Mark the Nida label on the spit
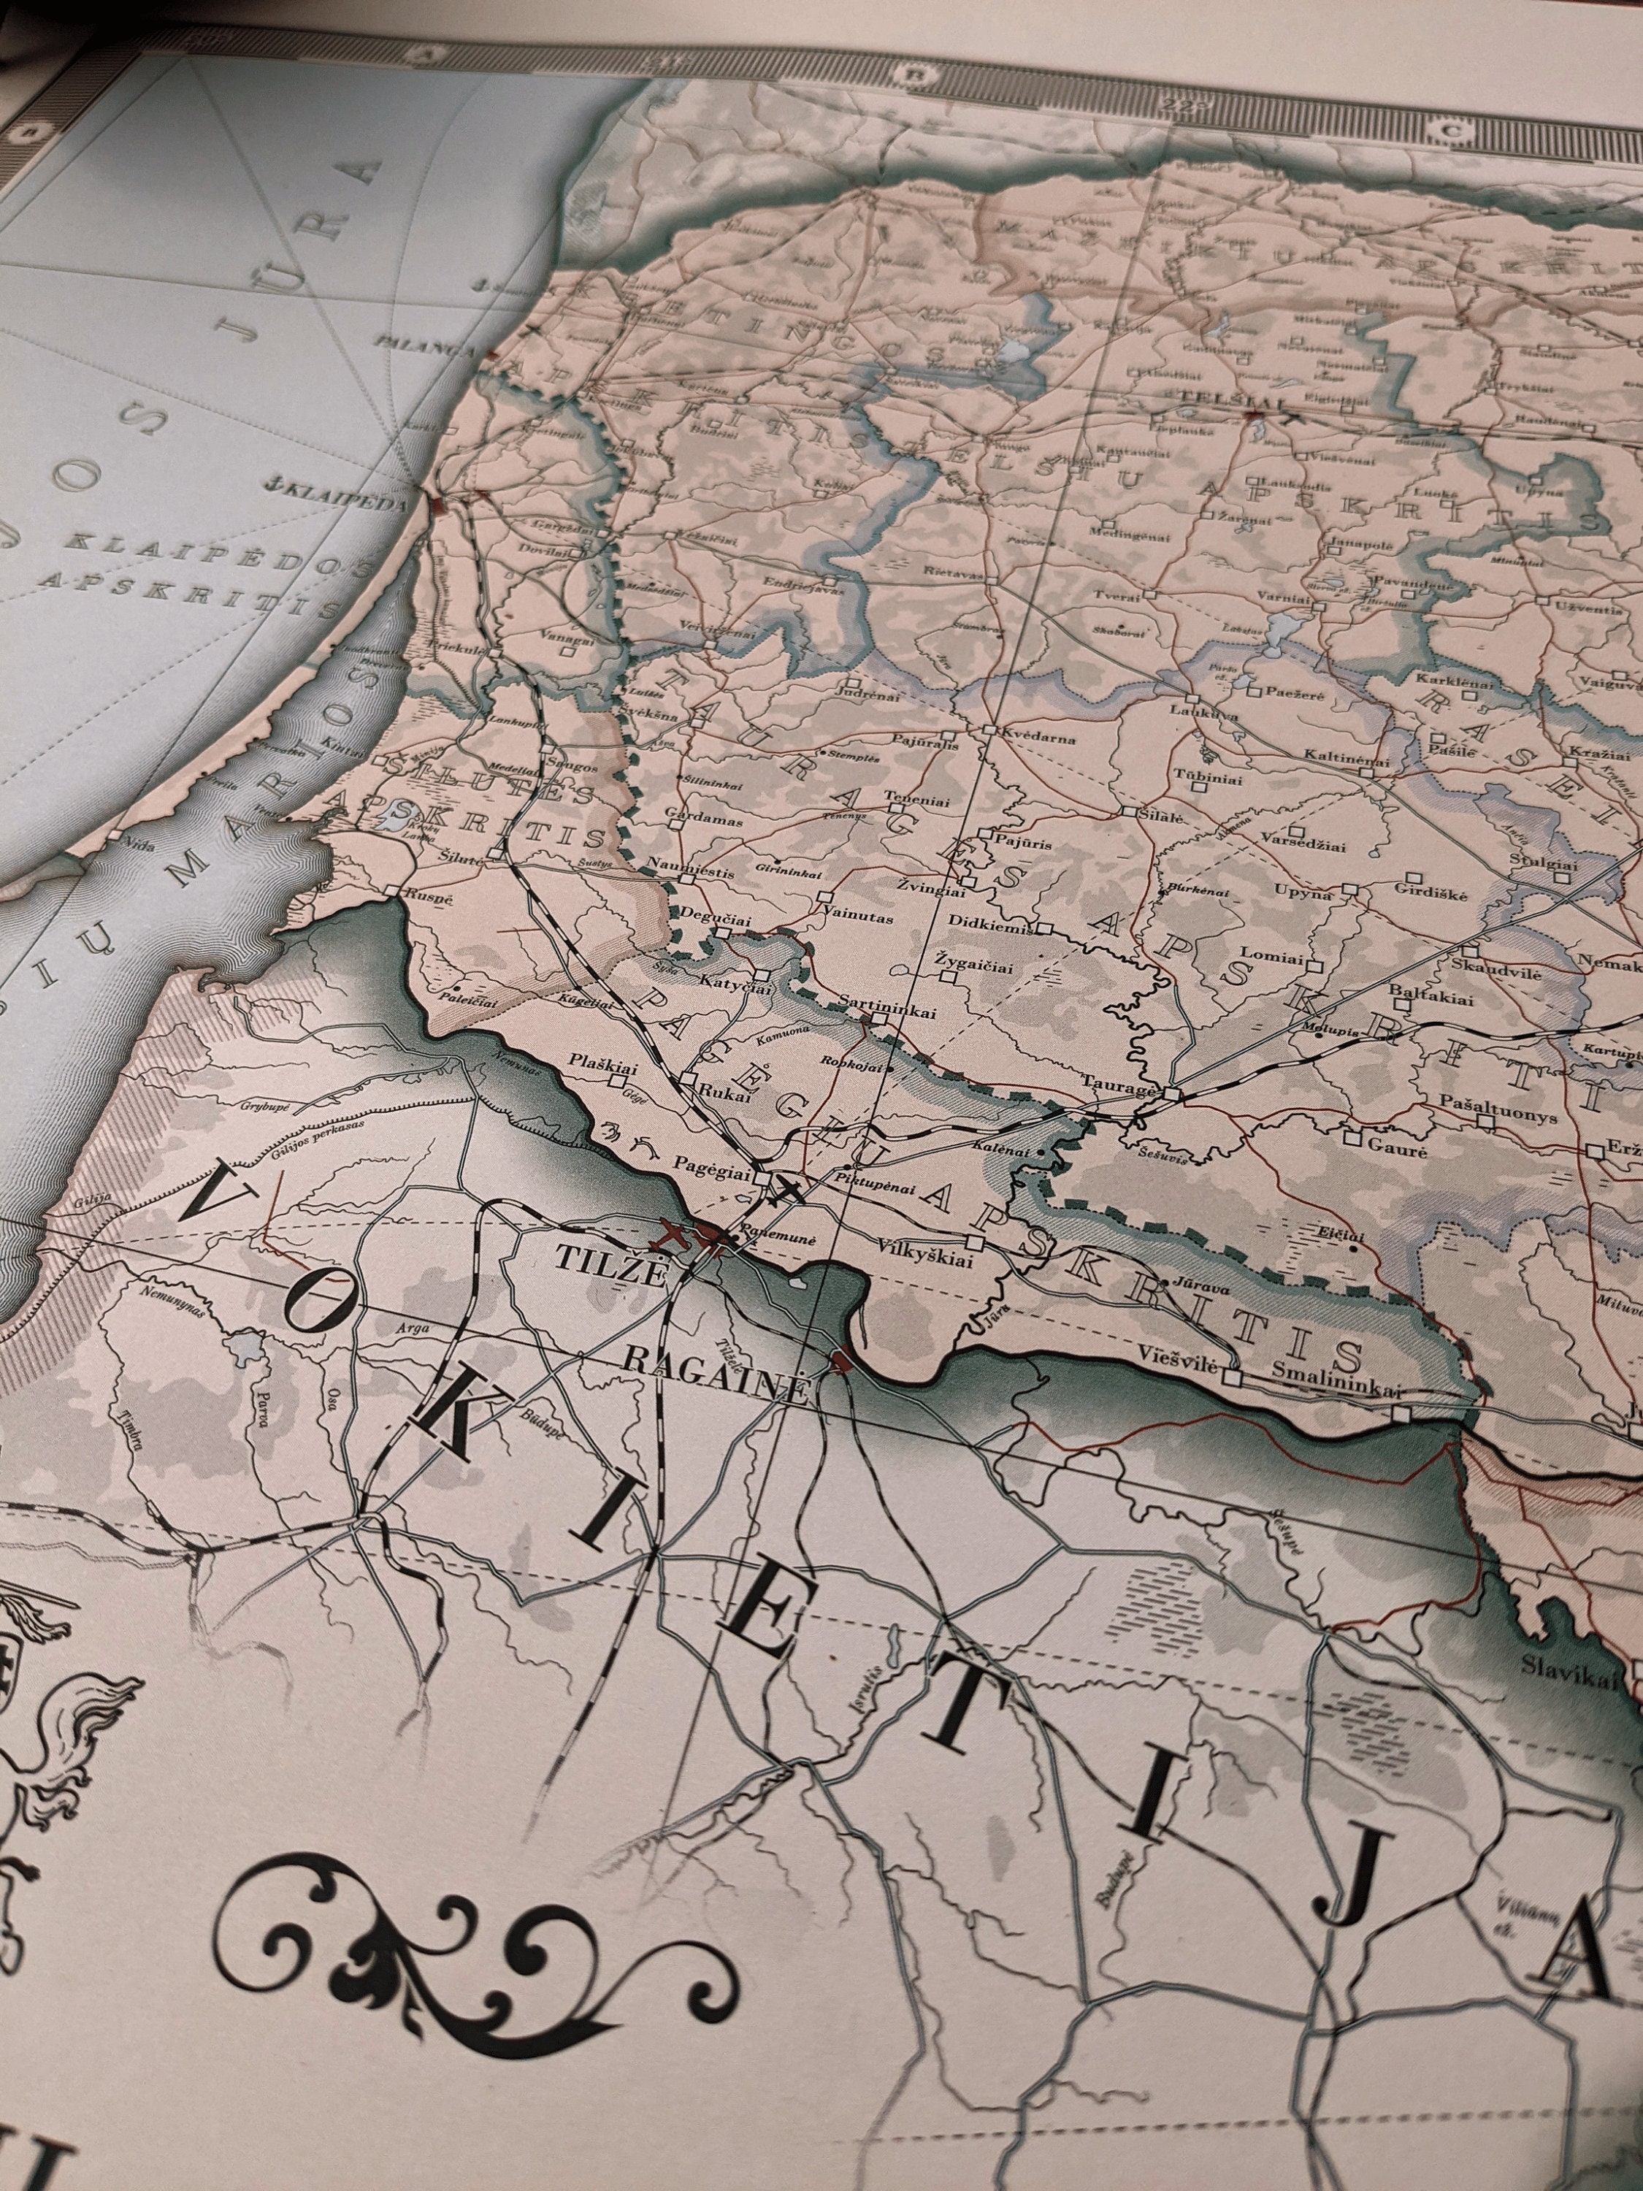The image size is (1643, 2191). (138, 846)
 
